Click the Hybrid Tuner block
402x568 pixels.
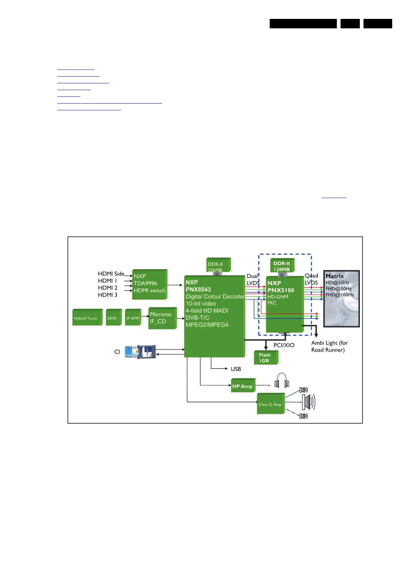pyautogui.click(x=87, y=318)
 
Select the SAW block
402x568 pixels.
pyautogui.click(x=113, y=318)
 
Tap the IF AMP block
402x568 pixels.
pyautogui.click(x=133, y=318)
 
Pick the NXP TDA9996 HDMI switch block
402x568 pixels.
pyautogui.click(x=149, y=284)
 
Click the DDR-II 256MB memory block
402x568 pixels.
pyautogui.click(x=218, y=265)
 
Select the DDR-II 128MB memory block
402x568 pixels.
pyautogui.click(x=282, y=266)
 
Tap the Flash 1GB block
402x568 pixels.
pyautogui.click(x=265, y=358)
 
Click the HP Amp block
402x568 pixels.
pyautogui.click(x=243, y=386)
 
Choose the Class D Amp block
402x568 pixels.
pyautogui.click(x=270, y=404)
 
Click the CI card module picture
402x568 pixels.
pyautogui.click(x=140, y=352)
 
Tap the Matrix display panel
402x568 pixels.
pyautogui.click(x=341, y=299)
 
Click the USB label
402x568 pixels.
pyautogui.click(x=236, y=369)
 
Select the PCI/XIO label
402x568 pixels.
pyautogui.click(x=284, y=345)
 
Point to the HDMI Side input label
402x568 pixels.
pyautogui.click(x=111, y=274)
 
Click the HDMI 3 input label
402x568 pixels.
pyautogui.click(x=108, y=295)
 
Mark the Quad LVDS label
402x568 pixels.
pyautogui.click(x=311, y=279)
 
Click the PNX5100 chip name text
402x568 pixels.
pyautogui.click(x=281, y=290)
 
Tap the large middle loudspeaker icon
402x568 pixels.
pyautogui.click(x=308, y=402)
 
